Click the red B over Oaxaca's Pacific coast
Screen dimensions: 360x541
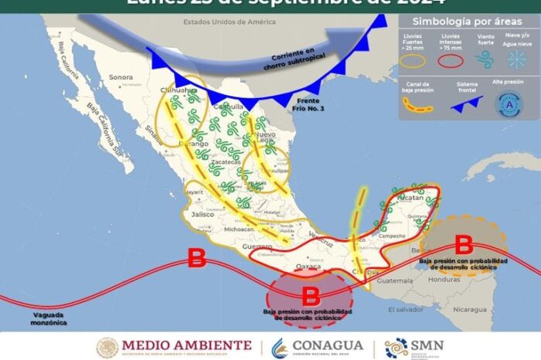(310, 294)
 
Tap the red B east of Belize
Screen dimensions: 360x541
(464, 246)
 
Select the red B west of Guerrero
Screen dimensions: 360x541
(197, 258)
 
